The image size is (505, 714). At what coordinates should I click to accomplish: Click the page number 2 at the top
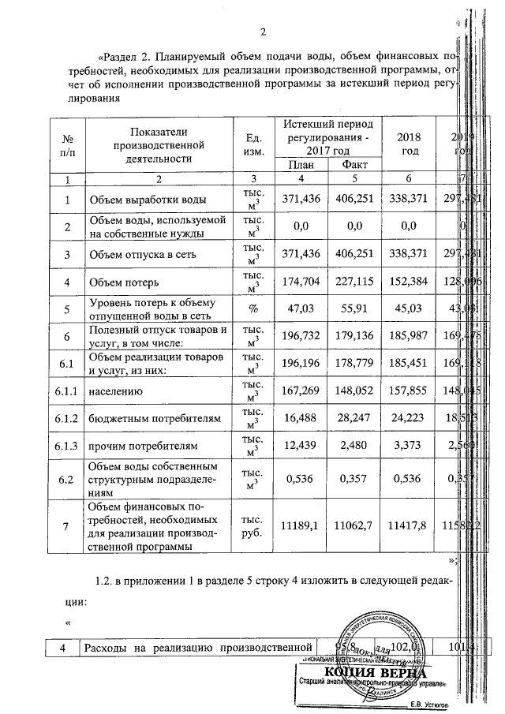click(264, 32)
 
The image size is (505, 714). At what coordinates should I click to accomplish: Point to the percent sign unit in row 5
click(254, 308)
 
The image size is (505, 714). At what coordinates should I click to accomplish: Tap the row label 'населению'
click(119, 390)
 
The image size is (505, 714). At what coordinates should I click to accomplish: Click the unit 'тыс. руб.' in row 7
click(254, 526)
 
